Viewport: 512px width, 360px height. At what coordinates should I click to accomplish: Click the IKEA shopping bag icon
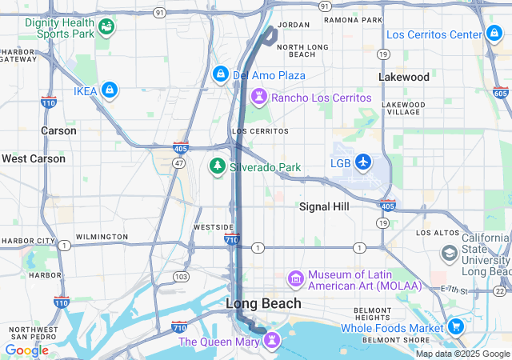point(110,91)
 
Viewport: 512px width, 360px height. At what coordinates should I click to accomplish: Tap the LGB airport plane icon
point(364,162)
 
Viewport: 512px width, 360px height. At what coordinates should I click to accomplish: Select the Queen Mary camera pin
point(274,342)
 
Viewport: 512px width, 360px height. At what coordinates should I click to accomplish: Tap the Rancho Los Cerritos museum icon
point(259,98)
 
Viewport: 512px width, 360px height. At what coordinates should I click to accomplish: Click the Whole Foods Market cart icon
point(456,327)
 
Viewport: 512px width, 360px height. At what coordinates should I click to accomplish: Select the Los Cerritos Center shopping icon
point(494,34)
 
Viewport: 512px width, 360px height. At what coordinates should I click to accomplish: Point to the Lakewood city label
point(404,78)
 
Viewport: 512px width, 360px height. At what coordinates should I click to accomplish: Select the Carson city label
point(59,130)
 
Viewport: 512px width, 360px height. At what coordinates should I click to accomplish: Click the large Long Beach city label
point(263,303)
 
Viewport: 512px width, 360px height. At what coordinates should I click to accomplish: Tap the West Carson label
point(34,158)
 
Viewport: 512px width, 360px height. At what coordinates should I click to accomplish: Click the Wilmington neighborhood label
point(102,237)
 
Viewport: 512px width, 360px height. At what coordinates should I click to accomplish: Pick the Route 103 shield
point(182,276)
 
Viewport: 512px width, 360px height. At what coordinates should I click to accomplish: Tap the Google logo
point(26,350)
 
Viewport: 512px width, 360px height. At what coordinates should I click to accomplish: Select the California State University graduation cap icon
point(450,254)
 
